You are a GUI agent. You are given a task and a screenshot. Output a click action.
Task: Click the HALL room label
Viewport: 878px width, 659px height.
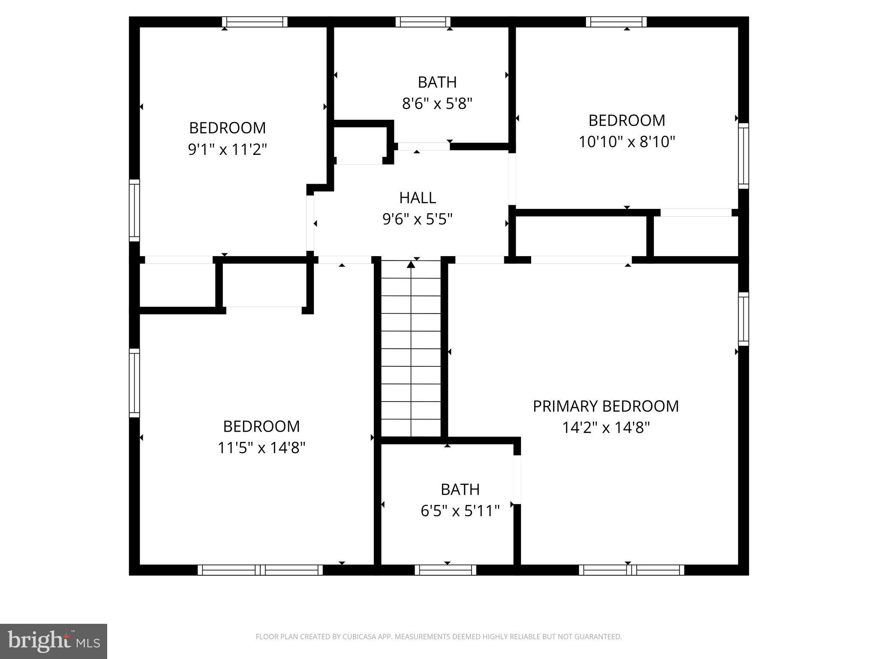[418, 198]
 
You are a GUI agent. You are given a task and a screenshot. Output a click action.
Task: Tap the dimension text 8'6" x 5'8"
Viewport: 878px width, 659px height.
[437, 103]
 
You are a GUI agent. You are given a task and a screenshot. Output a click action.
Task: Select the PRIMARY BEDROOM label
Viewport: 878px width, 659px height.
[605, 406]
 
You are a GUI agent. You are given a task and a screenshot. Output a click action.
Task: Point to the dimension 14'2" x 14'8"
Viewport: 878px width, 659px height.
[606, 428]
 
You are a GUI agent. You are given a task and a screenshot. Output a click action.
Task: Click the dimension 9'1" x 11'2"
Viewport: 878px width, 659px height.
[228, 149]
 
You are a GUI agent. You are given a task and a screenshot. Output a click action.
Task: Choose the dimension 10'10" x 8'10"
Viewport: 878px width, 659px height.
[627, 142]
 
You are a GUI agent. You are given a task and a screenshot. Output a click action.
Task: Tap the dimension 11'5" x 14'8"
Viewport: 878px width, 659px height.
[261, 448]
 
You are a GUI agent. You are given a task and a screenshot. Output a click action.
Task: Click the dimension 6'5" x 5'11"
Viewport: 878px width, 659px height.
[460, 511]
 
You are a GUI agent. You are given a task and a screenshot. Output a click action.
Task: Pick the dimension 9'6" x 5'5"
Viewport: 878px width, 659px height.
[418, 220]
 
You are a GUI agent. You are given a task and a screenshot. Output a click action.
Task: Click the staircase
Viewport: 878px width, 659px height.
[411, 352]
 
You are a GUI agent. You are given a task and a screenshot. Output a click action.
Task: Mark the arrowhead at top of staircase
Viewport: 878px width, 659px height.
[411, 265]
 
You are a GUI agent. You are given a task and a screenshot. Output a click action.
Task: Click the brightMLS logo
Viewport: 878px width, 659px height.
[54, 641]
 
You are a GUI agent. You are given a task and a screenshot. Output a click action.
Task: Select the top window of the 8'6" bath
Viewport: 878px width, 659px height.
[423, 22]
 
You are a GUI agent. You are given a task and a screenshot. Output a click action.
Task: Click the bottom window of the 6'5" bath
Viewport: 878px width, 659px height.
[445, 570]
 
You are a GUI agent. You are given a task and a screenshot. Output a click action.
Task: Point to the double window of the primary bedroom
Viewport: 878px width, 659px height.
[631, 570]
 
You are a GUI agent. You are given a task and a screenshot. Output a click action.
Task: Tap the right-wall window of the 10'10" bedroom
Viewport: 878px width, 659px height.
[743, 156]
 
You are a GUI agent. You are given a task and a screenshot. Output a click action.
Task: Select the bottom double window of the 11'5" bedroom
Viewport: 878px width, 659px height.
[260, 570]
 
